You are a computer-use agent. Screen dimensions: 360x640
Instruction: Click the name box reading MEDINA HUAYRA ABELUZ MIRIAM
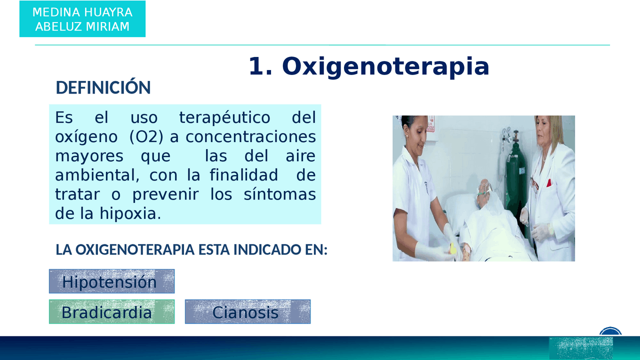pos(82,19)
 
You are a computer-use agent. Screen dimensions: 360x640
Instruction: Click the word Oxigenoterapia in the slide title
pos(385,66)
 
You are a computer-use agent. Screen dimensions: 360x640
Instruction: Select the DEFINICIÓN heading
pos(103,87)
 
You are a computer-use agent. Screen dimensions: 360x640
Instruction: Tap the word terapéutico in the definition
pos(224,118)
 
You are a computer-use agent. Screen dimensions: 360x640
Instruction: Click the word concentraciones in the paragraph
pos(250,137)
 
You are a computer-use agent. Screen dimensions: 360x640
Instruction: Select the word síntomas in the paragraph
pos(279,194)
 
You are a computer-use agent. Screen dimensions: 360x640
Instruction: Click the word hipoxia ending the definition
pos(130,213)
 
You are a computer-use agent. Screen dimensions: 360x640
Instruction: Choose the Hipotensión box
pos(111,281)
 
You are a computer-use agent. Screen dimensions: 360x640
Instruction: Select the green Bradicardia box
pos(111,312)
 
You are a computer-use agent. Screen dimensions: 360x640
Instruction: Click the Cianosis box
pos(247,312)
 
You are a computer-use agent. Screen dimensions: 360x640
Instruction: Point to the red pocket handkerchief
pos(548,182)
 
